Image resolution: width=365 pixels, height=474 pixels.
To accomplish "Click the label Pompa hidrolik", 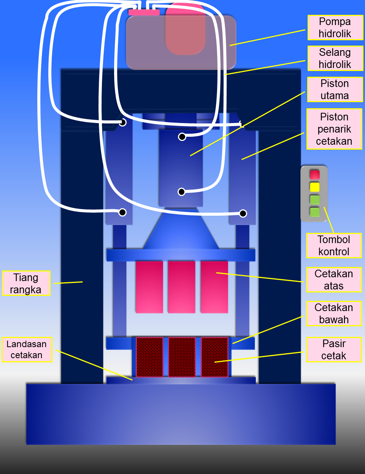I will (335, 28).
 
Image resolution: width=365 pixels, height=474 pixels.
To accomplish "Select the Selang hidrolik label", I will (335, 58).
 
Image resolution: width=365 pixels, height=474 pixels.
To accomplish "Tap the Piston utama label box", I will (335, 90).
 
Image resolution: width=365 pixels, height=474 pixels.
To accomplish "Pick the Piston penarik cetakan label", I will (334, 129).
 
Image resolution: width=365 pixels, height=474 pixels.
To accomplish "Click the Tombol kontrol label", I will (334, 246).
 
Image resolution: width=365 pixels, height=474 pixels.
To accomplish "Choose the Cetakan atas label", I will (334, 280).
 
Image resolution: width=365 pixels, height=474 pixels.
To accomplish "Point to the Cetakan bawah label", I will (334, 313).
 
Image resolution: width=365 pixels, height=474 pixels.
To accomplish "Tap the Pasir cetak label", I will (334, 349).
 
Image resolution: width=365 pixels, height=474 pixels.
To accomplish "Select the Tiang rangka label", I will (26, 283).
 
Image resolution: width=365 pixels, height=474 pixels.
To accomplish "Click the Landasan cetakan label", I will (27, 349).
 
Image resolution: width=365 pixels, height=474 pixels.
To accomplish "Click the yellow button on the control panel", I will (314, 187).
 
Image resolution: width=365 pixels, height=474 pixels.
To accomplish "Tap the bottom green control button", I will (314, 212).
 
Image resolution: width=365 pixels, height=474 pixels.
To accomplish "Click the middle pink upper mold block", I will (182, 287).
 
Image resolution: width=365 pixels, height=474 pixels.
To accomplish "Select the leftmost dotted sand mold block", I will (149, 357).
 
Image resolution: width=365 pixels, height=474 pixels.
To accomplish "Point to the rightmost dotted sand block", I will (214, 357).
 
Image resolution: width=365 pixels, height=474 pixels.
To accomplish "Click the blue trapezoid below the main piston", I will (181, 230).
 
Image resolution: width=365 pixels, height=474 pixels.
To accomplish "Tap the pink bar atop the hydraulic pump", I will (144, 12).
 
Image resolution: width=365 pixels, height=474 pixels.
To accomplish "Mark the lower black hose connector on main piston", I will (182, 192).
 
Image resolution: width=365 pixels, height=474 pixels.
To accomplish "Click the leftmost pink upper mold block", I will (149, 287).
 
